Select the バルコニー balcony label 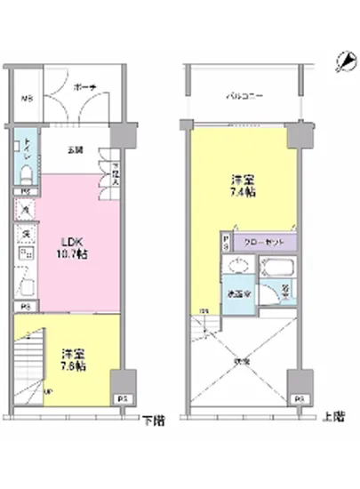[x=242, y=93]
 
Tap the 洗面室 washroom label [x=236, y=294]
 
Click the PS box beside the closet [x=226, y=241]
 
